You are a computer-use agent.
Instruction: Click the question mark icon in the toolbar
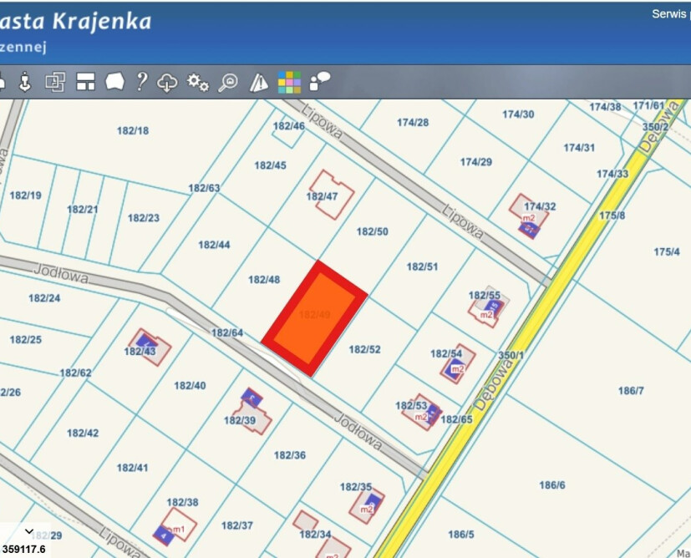pos(142,81)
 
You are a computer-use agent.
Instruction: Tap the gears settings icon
pos(198,82)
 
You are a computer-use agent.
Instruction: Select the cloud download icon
pos(168,82)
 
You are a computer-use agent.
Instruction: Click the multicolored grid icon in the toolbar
pos(289,82)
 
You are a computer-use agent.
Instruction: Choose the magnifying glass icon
pos(228,82)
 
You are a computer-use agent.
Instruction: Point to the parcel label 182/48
pos(264,279)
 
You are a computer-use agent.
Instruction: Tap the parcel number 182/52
pos(364,349)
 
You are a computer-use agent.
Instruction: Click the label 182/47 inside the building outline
pos(322,196)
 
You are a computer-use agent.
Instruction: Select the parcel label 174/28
pos(413,122)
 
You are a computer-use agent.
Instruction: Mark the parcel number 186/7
pos(631,390)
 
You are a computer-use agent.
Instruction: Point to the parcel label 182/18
pos(133,130)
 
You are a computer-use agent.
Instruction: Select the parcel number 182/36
pos(290,455)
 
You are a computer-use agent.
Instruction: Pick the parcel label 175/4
pos(667,251)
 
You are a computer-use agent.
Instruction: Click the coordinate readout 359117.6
pos(23,549)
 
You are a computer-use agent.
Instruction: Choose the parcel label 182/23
pos(144,217)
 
